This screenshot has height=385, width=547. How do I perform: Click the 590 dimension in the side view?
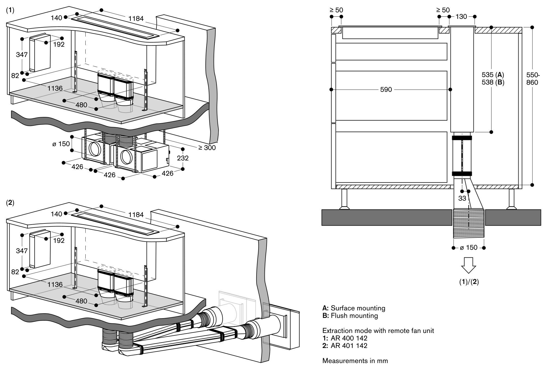(386, 90)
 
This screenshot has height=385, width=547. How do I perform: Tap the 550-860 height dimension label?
(532, 79)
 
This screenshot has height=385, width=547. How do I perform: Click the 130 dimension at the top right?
(461, 17)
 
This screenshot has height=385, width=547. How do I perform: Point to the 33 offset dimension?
(462, 198)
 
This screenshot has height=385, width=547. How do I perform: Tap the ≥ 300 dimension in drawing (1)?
(207, 148)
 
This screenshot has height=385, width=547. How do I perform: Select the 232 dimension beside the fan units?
(183, 158)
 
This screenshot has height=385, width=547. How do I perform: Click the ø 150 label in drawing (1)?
(61, 143)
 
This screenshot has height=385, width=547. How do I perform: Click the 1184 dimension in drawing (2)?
(136, 215)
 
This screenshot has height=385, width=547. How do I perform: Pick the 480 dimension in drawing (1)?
(81, 105)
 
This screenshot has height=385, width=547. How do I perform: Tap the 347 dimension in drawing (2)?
(22, 251)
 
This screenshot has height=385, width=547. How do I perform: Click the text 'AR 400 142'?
(349, 338)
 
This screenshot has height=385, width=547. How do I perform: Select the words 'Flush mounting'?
(354, 316)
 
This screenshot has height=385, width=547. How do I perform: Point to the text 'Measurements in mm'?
(355, 361)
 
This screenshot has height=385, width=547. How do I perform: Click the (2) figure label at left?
(10, 203)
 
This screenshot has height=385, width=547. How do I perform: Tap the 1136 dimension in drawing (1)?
(55, 88)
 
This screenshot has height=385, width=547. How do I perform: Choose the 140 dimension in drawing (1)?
(56, 18)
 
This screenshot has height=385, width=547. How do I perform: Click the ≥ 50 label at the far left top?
(336, 10)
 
